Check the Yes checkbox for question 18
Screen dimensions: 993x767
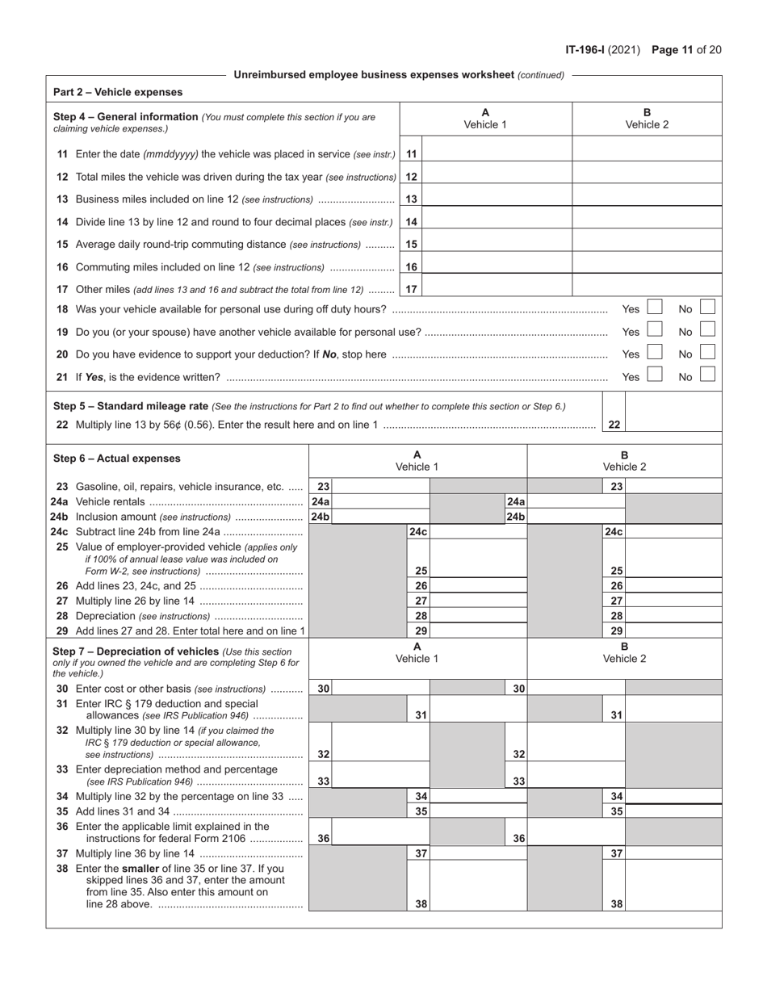[655, 308]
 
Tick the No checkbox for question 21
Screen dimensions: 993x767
[707, 375]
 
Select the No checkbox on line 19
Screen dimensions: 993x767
[707, 331]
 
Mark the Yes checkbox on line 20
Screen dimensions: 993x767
[655, 353]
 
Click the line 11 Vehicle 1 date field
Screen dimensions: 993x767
[497, 153]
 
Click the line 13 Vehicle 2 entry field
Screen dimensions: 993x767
[647, 199]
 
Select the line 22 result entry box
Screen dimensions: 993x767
[673, 425]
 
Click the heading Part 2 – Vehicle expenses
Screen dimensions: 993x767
[118, 92]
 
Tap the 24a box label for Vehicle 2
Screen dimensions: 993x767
[516, 501]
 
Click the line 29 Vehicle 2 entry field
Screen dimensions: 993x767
[673, 631]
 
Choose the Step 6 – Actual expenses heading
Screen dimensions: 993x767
[117, 459]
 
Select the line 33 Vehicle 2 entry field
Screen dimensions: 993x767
[576, 773]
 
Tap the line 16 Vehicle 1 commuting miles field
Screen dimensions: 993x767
[497, 266]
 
